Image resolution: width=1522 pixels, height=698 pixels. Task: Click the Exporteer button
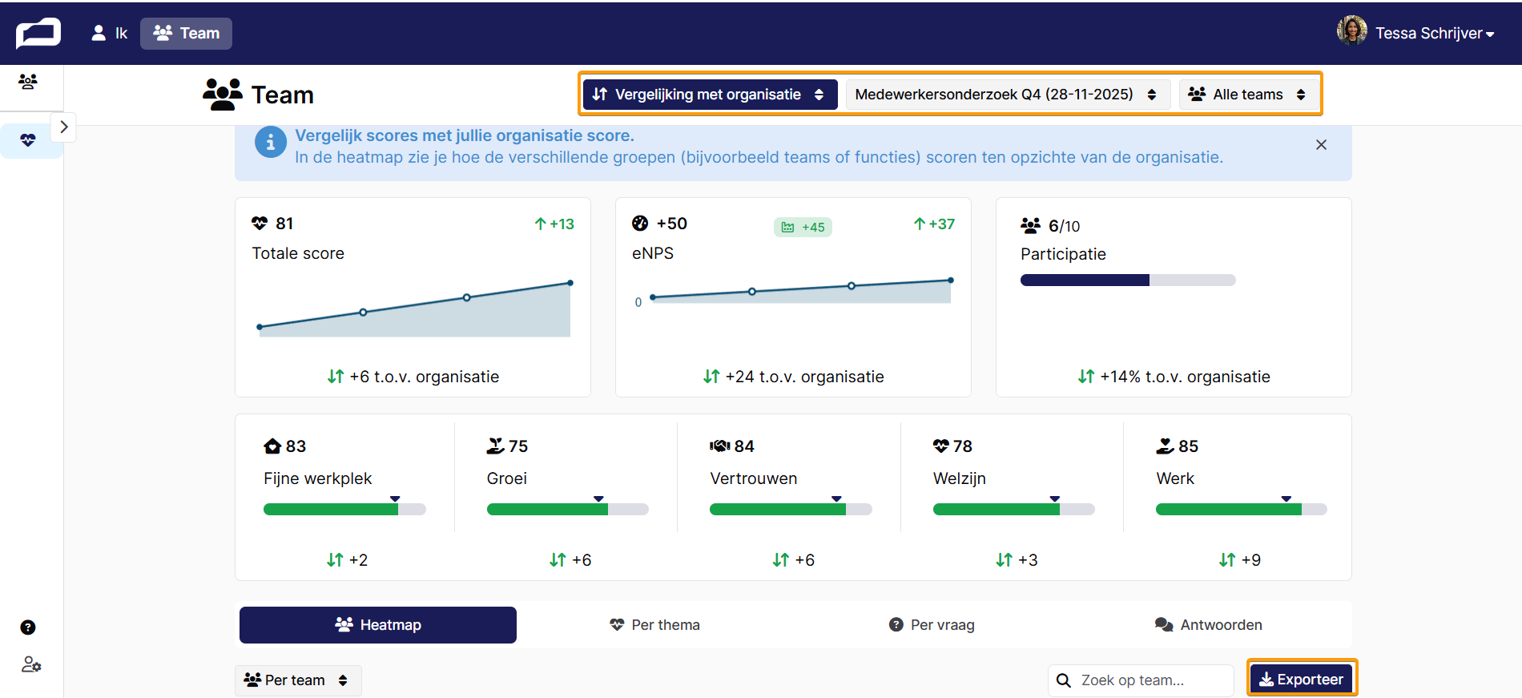pos(1302,679)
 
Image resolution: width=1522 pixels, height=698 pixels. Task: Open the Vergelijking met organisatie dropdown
pos(709,95)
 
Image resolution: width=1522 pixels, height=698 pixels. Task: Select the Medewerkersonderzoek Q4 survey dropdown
pos(1007,95)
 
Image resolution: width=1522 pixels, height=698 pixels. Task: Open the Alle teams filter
pos(1248,95)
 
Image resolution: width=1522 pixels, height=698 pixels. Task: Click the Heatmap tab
pos(378,625)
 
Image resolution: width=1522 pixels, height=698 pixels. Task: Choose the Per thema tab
pos(654,625)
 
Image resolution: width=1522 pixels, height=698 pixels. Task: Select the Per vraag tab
pos(932,625)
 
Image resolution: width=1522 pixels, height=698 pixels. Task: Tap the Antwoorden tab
pos(1209,625)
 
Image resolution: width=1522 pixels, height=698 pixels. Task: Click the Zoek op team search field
pos(1141,680)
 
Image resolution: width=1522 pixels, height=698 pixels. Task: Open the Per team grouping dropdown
pos(297,680)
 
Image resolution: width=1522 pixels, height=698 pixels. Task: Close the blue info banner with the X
pos(1321,145)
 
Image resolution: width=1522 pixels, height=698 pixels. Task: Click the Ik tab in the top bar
pos(110,33)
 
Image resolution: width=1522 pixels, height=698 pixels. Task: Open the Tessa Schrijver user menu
pos(1415,33)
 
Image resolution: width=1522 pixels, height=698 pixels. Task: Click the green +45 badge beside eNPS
pos(803,228)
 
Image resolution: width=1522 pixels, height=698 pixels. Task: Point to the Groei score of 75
pos(518,446)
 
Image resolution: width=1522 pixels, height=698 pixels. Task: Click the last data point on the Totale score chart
pos(570,283)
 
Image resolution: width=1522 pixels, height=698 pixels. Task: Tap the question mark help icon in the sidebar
pos(28,627)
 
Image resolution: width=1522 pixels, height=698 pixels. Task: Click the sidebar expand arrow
pos(64,127)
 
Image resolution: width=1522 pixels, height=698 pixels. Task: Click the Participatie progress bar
pos(1128,280)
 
